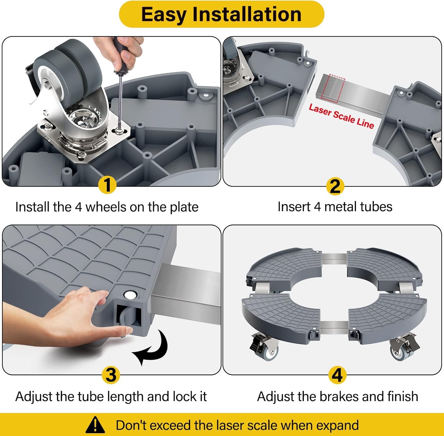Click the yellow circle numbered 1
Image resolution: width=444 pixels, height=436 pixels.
[x=107, y=185]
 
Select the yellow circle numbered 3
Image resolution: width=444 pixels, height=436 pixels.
[x=111, y=375]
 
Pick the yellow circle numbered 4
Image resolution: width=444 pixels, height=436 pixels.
[x=337, y=375]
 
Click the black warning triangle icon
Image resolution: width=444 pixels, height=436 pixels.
[x=95, y=425]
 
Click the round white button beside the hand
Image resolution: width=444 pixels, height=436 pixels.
[x=129, y=295]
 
